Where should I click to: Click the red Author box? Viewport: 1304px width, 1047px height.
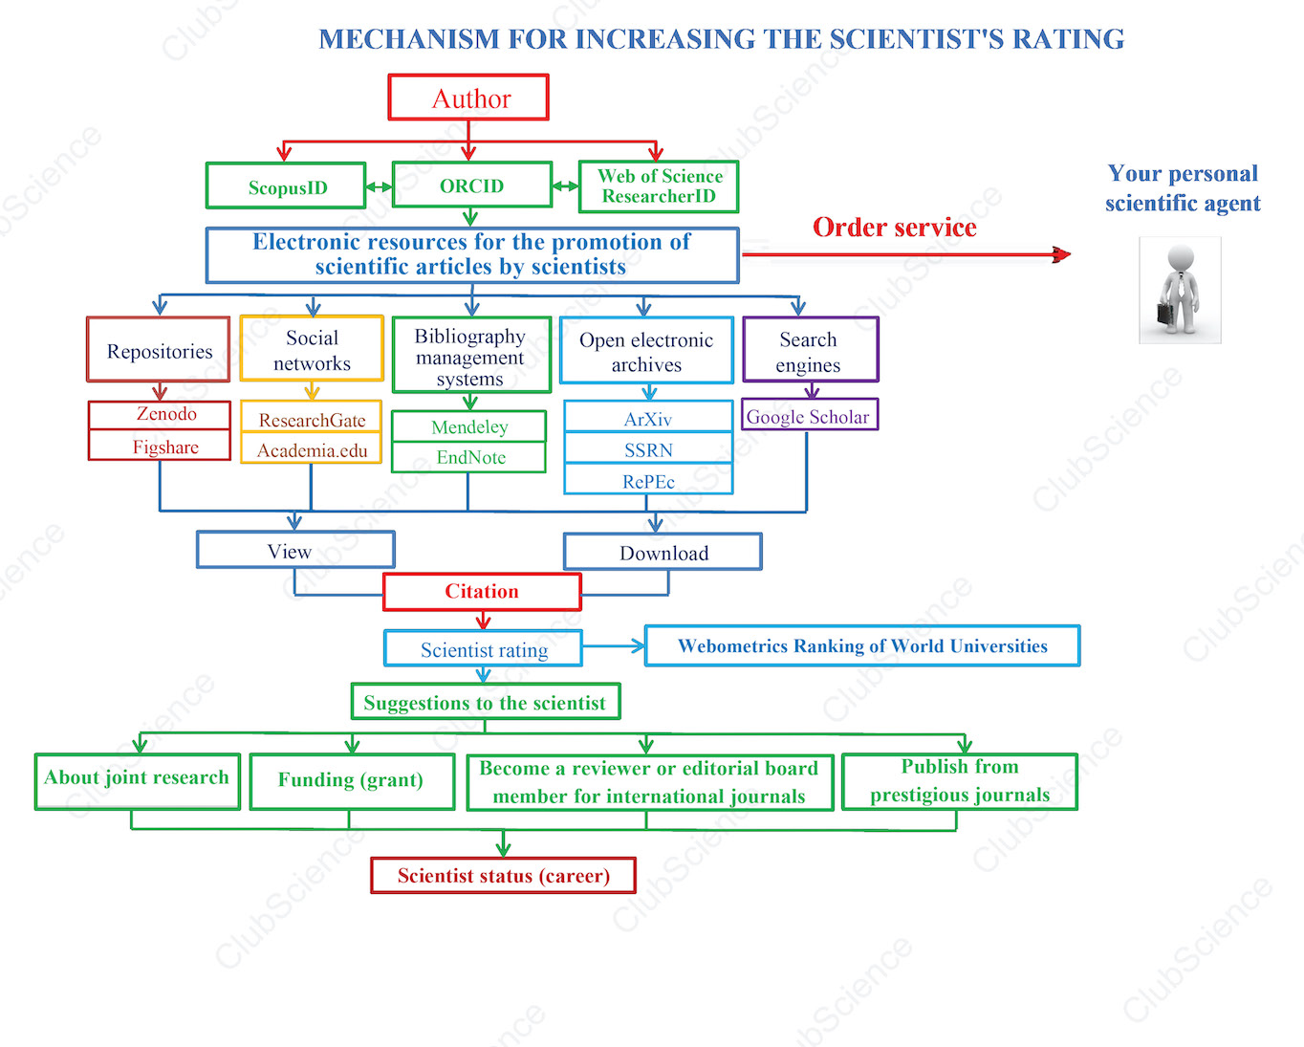[x=468, y=98]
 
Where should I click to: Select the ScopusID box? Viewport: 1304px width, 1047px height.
[x=286, y=186]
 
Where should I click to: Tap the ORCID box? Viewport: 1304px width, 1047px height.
[x=472, y=185]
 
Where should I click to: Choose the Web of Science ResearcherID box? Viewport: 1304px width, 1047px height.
[x=659, y=186]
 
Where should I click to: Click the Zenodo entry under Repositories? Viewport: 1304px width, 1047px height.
[x=160, y=415]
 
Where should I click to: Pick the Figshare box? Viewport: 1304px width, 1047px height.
[x=160, y=446]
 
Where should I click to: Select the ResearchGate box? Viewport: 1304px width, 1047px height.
[x=311, y=417]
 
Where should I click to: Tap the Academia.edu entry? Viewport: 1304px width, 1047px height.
[x=311, y=448]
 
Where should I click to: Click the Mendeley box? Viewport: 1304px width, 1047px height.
[x=468, y=426]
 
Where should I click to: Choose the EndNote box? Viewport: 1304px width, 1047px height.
[x=468, y=457]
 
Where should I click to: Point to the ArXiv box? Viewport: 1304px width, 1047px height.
[x=648, y=417]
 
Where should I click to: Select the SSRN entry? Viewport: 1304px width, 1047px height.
[x=648, y=448]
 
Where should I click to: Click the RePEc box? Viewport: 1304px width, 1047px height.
[x=648, y=480]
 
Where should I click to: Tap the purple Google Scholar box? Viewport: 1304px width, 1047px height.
[x=810, y=415]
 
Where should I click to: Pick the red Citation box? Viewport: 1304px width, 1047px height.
[x=483, y=591]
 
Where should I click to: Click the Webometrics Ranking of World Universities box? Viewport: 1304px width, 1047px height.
[x=862, y=645]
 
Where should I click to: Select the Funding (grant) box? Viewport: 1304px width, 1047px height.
[x=352, y=781]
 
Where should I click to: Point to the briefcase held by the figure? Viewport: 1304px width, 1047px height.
[x=1165, y=313]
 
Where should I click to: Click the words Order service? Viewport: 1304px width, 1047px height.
[x=895, y=228]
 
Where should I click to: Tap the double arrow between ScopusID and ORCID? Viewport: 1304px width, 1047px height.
[x=380, y=186]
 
